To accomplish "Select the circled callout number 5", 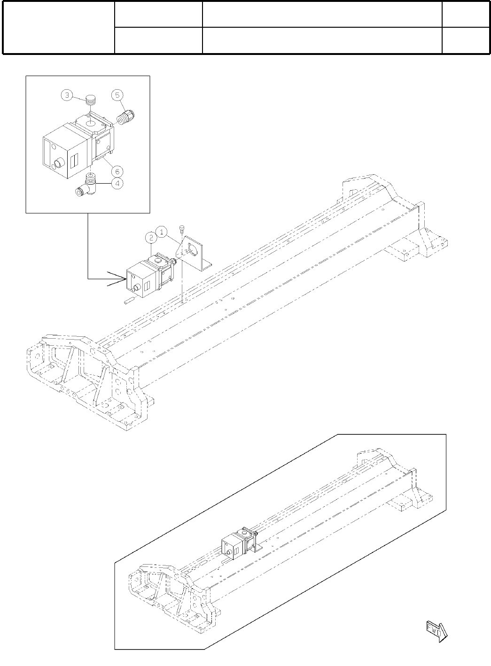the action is pos(117,95).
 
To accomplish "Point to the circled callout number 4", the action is pos(117,184).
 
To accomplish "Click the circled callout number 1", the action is pos(162,232).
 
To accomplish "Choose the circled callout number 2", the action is pos(150,239).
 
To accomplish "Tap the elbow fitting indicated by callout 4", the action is pos(88,186).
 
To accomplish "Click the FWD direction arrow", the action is pos(436,630).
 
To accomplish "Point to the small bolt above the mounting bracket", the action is pos(181,229).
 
